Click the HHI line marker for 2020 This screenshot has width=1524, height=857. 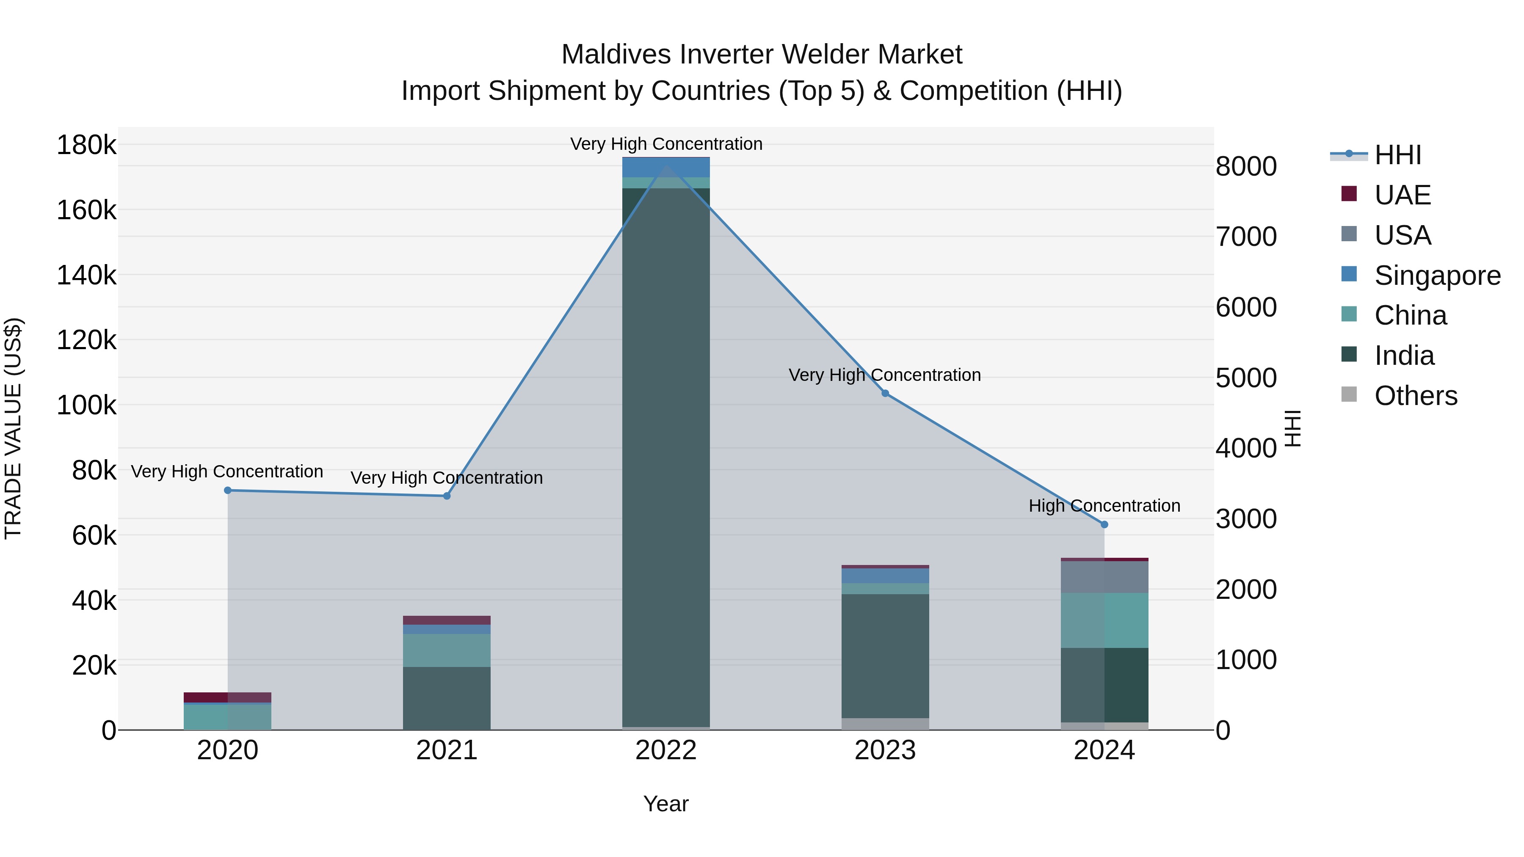[x=228, y=491]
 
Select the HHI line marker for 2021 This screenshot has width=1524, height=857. [x=447, y=496]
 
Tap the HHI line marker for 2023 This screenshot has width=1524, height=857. [x=885, y=393]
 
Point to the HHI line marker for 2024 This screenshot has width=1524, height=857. [x=1104, y=525]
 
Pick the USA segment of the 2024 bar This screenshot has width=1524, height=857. [x=1104, y=577]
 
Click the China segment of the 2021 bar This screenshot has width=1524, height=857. [x=447, y=650]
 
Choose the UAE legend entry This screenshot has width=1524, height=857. [x=1402, y=195]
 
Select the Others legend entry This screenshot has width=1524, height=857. [x=1415, y=396]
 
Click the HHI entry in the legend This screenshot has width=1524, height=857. [x=1397, y=155]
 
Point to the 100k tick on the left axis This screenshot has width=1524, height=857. [x=86, y=406]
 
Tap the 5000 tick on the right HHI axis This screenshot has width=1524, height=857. [x=1246, y=378]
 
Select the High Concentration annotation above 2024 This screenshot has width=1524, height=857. [x=1104, y=506]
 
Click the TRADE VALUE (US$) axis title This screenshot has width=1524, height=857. [x=14, y=428]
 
